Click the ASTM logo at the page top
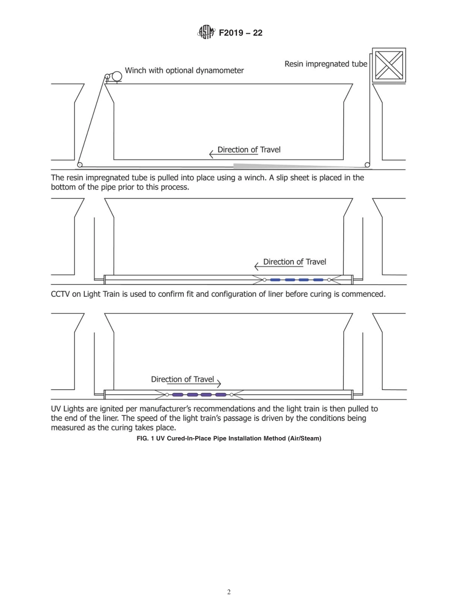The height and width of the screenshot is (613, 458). (205, 33)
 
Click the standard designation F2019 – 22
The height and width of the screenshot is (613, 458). (241, 33)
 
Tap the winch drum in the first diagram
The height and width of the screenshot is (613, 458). (116, 77)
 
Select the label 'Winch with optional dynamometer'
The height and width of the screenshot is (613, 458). (184, 70)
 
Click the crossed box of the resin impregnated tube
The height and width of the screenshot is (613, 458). (389, 65)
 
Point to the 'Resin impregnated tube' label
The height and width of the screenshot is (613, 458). (326, 64)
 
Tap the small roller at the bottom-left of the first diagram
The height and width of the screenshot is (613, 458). (80, 165)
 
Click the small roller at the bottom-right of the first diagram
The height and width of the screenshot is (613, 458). (367, 165)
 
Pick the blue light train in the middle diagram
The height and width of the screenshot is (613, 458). (296, 280)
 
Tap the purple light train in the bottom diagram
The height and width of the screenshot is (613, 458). (199, 395)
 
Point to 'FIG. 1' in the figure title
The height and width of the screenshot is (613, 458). (146, 439)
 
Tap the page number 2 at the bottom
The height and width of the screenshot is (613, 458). (229, 592)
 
